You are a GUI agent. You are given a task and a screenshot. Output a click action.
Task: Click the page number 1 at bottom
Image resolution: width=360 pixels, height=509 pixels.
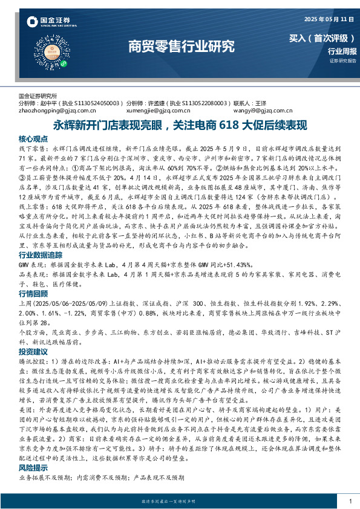[x=350, y=501]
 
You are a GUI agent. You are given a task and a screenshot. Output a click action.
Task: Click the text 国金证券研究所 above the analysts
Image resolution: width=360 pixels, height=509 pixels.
[x=38, y=96]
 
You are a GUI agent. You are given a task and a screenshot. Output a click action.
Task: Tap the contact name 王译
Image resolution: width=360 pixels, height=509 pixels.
[x=261, y=103]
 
